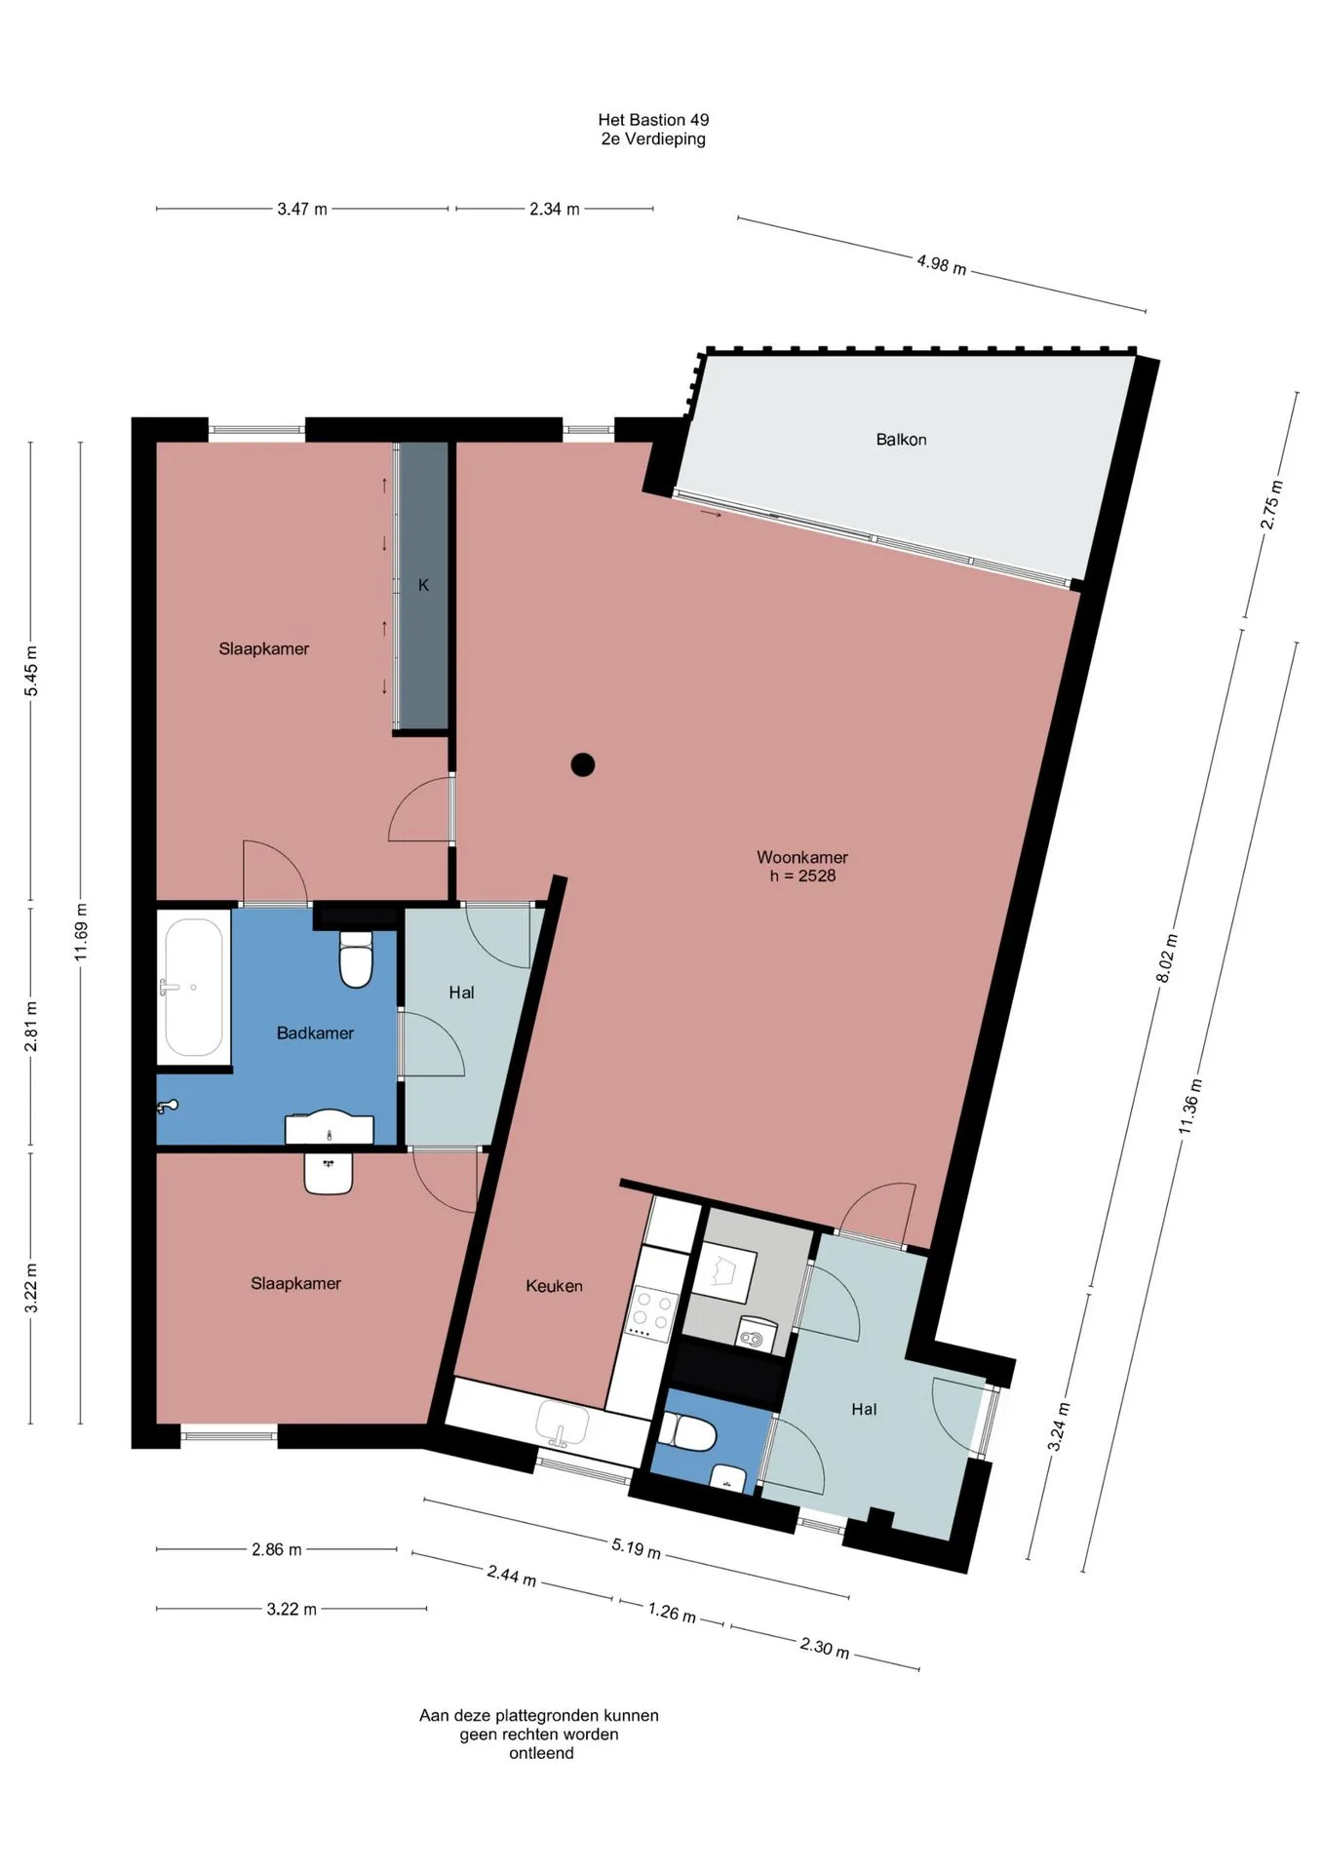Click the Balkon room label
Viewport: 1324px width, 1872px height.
[901, 440]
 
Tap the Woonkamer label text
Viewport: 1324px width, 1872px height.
[802, 857]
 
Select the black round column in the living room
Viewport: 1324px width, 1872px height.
[583, 764]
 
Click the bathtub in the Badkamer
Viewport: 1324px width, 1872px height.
[194, 988]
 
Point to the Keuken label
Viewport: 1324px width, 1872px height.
[554, 1286]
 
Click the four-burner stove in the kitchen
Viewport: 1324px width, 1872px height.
[652, 1312]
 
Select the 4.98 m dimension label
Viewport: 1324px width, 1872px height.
[941, 263]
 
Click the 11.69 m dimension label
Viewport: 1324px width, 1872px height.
[81, 931]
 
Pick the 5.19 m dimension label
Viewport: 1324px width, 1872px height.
[637, 1547]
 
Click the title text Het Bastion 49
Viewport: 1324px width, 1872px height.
[653, 120]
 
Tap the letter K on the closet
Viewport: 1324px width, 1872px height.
[423, 585]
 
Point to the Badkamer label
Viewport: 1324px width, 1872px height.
[315, 1033]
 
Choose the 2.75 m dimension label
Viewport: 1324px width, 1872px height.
[1272, 505]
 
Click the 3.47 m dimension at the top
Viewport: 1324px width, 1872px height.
[302, 209]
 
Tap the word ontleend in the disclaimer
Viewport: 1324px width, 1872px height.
[541, 1753]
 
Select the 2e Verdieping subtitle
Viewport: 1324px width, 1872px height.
[653, 139]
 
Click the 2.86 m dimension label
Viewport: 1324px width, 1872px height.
[277, 1549]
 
